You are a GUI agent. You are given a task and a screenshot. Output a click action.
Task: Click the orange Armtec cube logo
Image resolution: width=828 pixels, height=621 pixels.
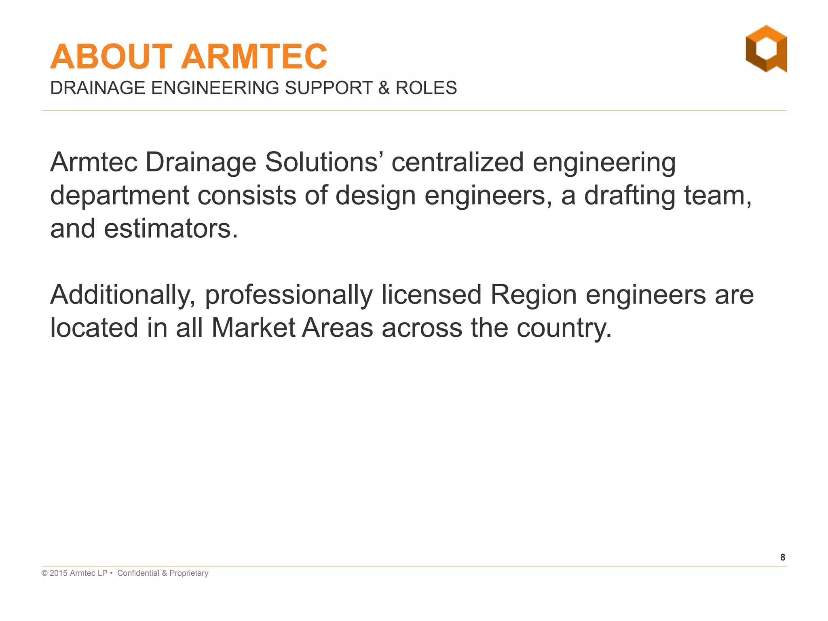click(x=766, y=49)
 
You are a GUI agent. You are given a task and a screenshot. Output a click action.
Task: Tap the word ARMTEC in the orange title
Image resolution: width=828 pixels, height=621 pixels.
click(x=254, y=57)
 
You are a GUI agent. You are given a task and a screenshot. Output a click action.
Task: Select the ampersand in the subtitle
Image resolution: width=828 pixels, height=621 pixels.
click(x=384, y=88)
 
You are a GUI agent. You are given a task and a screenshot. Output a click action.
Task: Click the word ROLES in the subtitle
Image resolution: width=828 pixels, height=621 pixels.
click(x=426, y=88)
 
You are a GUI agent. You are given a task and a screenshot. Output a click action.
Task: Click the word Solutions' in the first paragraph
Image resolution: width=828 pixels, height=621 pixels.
click(x=321, y=163)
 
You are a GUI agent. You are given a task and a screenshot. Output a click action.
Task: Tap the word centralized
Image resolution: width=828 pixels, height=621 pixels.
click(x=457, y=163)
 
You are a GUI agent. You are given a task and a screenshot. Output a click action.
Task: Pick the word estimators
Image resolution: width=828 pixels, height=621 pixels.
click(x=171, y=229)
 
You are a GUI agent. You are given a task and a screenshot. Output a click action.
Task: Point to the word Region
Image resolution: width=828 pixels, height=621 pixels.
click(x=533, y=295)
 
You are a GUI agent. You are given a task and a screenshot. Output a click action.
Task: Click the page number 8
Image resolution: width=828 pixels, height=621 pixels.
click(x=783, y=558)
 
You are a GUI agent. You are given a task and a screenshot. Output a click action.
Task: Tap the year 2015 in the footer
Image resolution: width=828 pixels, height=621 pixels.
click(x=59, y=573)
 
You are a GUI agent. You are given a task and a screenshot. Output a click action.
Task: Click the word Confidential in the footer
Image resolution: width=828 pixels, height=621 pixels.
click(x=138, y=573)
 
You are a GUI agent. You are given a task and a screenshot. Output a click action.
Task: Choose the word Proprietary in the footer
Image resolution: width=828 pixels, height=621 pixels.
click(x=189, y=573)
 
